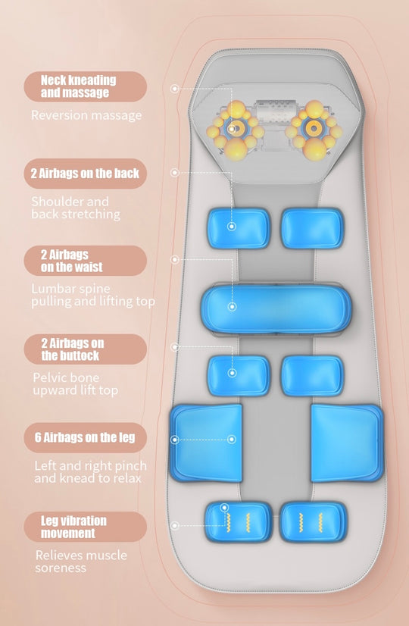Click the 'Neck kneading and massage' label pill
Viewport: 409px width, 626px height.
(86, 86)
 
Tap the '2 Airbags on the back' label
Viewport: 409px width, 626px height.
(86, 174)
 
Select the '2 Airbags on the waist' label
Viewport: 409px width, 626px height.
(86, 261)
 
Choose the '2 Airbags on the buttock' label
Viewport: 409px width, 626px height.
(86, 349)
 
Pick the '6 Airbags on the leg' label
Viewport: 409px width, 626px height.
(86, 437)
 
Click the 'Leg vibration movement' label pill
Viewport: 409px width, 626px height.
(86, 527)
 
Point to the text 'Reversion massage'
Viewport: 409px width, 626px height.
(86, 115)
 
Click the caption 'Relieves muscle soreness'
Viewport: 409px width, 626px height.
(81, 561)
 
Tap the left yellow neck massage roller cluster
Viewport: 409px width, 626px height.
(236, 130)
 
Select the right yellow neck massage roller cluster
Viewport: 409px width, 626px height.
(314, 130)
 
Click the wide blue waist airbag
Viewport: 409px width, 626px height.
(276, 308)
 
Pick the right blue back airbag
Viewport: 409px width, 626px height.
(313, 228)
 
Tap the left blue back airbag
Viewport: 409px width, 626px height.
(239, 228)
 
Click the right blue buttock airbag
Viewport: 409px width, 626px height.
(313, 376)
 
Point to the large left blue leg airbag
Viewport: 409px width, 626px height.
(206, 443)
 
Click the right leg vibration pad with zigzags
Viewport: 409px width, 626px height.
(314, 522)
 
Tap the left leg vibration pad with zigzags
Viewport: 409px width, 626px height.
(239, 522)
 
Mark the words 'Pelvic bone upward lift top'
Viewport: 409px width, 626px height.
(76, 384)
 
